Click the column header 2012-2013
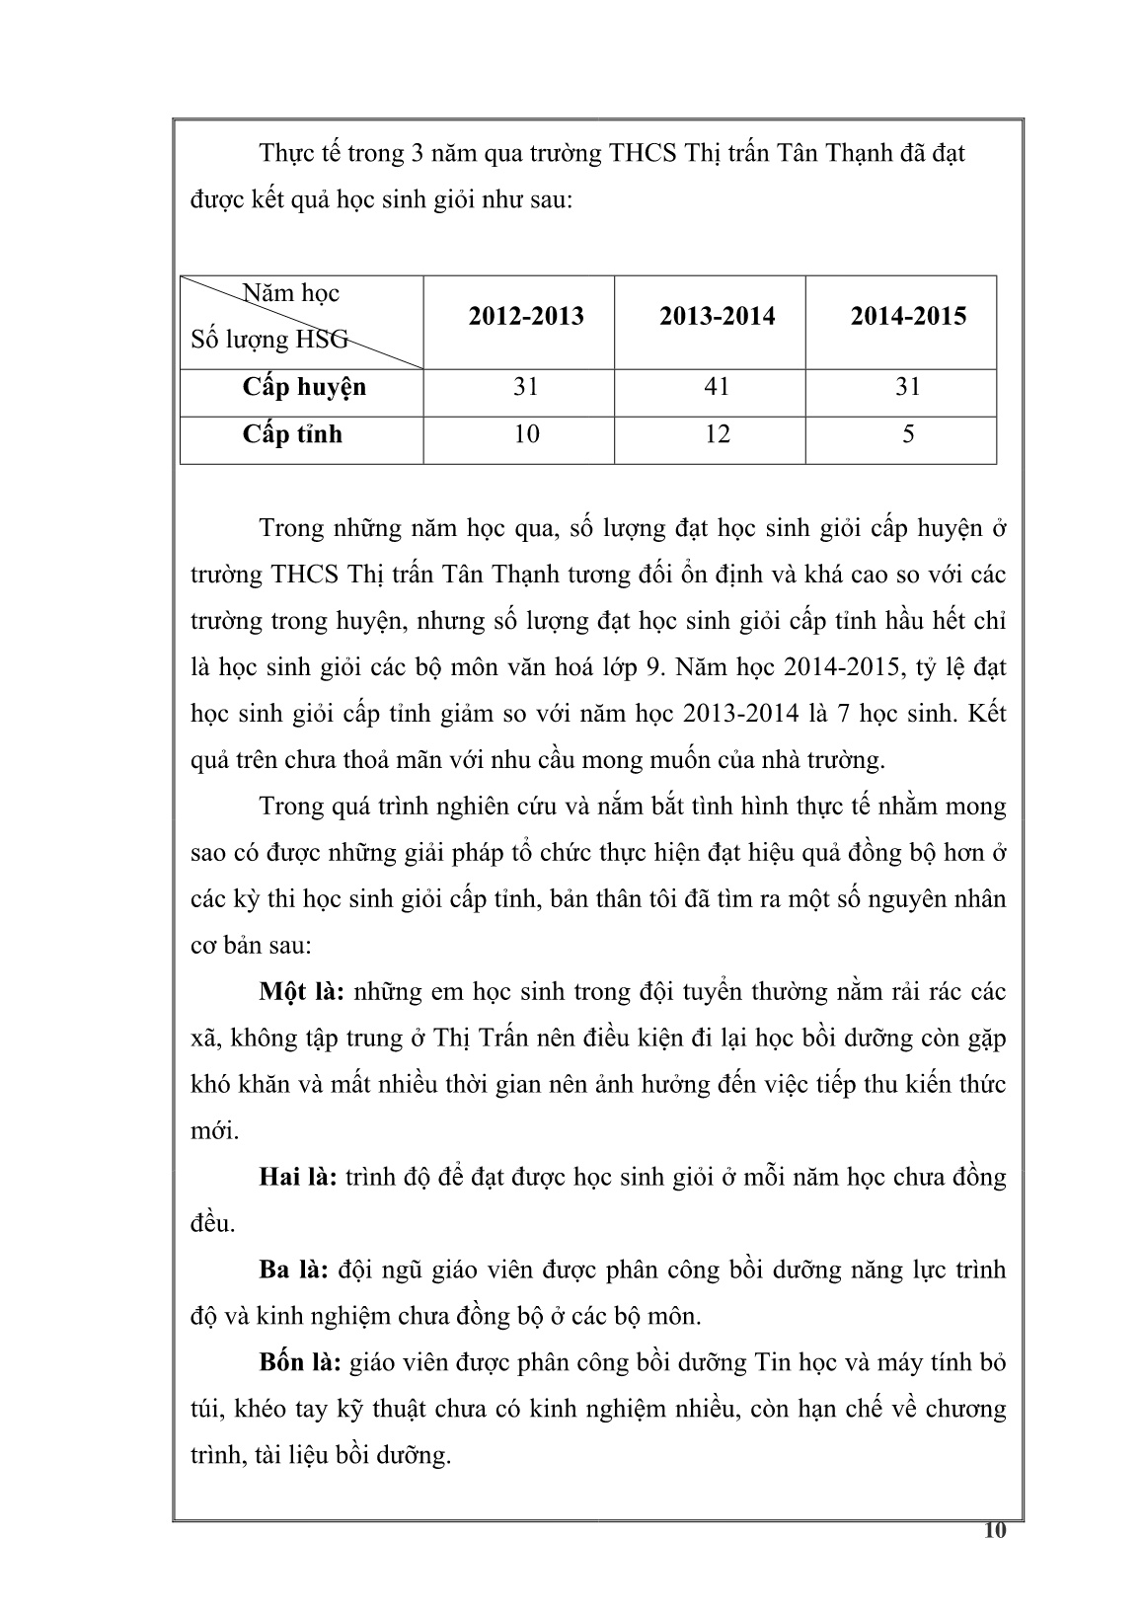tap(526, 317)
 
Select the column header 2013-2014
tap(717, 317)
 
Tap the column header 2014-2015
tap(907, 317)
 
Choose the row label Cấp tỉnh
tap(292, 433)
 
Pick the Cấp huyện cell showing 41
tap(717, 386)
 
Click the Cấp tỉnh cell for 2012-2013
tap(526, 433)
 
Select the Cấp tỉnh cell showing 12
tap(717, 433)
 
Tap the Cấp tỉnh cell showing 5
tap(907, 433)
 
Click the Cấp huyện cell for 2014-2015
tap(907, 386)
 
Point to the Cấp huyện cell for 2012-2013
tap(526, 386)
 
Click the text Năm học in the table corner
tap(291, 293)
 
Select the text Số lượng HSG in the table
tap(269, 341)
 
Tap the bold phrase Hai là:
tap(299, 1178)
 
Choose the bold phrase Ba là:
tap(293, 1270)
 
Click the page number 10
tap(995, 1531)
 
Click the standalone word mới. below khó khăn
tap(214, 1131)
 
